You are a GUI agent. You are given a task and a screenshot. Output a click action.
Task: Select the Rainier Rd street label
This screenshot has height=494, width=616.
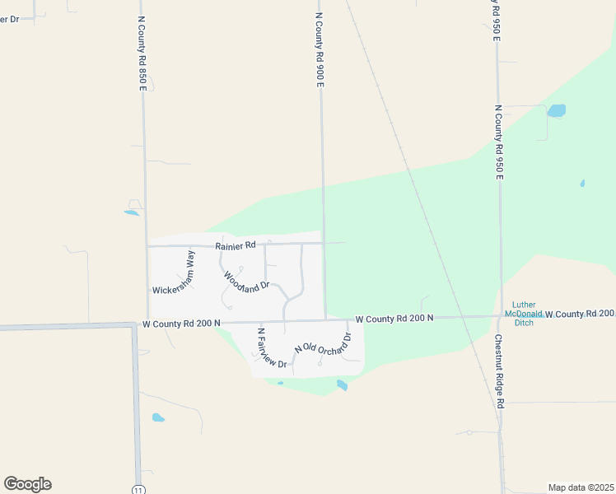tap(236, 245)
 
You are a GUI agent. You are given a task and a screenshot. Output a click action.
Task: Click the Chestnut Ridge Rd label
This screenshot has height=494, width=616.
tap(499, 371)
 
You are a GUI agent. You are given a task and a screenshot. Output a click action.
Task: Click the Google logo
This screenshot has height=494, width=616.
tap(27, 484)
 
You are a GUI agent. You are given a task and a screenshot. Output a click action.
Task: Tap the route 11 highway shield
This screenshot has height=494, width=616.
tap(138, 488)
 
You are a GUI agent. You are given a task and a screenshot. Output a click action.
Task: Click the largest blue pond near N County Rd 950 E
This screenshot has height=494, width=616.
tap(557, 110)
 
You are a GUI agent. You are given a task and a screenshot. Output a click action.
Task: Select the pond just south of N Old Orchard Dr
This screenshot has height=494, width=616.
tap(342, 384)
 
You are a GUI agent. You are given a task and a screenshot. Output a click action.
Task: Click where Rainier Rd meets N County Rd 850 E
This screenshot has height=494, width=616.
tap(147, 245)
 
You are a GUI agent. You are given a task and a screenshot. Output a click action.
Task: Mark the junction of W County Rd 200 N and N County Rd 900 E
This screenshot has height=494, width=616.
tap(325, 319)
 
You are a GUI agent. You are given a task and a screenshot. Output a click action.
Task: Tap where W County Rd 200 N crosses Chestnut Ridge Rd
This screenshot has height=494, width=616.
tap(500, 315)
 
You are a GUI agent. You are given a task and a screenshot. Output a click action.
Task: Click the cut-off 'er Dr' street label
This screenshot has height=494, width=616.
tap(9, 18)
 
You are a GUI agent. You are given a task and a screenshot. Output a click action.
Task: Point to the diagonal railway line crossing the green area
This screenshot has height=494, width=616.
tap(412, 181)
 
